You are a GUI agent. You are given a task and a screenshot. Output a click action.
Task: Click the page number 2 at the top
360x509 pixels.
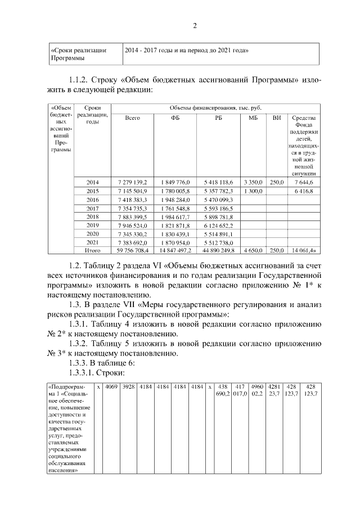tap(195, 26)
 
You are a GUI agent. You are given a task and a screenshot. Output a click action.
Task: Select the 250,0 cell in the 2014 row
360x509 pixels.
tap(276, 183)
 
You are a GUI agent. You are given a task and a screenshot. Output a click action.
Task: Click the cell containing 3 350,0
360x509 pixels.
tap(253, 183)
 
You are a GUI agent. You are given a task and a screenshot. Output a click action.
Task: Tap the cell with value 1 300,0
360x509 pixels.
tap(253, 191)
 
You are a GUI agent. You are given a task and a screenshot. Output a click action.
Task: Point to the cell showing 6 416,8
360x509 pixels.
tap(304, 191)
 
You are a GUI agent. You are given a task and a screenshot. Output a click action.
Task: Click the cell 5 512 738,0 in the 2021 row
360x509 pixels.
tap(219, 242)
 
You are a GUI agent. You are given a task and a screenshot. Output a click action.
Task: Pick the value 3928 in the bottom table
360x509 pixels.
tap(129, 387)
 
